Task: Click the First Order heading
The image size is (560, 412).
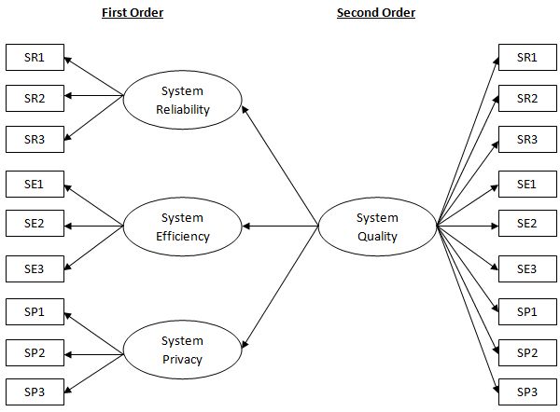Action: pos(132,13)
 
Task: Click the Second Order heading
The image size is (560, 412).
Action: pos(376,13)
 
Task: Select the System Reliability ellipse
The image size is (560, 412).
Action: pos(183,100)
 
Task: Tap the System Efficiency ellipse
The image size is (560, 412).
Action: pos(183,227)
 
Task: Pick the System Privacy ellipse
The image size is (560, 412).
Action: pos(183,350)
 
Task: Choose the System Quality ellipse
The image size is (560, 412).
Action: pos(377,227)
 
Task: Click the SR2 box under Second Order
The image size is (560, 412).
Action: pos(526,98)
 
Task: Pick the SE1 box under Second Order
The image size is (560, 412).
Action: pos(526,184)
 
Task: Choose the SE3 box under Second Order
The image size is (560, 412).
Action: pos(526,268)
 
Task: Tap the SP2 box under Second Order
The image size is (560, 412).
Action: pos(526,351)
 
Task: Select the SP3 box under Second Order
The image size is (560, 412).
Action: pos(526,391)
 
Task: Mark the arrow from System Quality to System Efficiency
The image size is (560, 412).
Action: pos(280,226)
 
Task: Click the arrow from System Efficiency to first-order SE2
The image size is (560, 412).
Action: pos(93,225)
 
